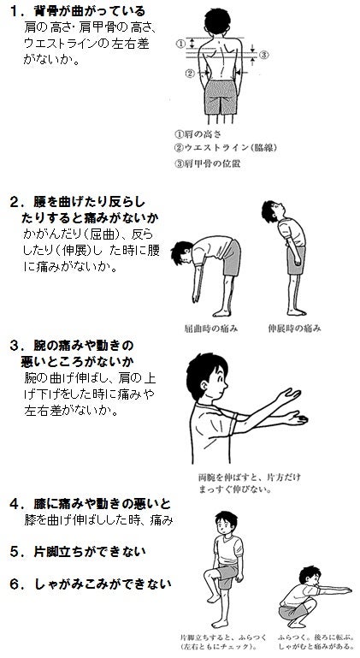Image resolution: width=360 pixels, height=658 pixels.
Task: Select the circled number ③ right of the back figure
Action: point(265,56)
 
